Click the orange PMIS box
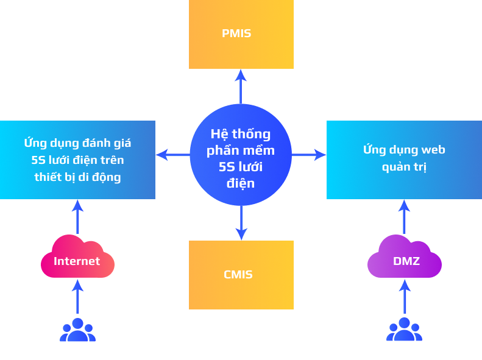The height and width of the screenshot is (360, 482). (241, 34)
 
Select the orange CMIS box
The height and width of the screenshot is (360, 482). (241, 275)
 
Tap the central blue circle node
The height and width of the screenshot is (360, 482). (241, 155)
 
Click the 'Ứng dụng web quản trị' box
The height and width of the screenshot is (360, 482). (404, 160)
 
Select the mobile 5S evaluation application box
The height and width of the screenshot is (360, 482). (77, 160)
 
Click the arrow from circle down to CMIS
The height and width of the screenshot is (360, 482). (241, 223)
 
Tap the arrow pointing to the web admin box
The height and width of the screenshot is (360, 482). (309, 155)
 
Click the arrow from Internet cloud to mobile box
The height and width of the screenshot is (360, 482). (77, 217)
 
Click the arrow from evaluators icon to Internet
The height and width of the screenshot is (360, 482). (77, 297)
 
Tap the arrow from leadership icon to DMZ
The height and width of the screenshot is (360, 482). (405, 297)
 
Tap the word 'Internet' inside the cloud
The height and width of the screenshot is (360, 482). (77, 261)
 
